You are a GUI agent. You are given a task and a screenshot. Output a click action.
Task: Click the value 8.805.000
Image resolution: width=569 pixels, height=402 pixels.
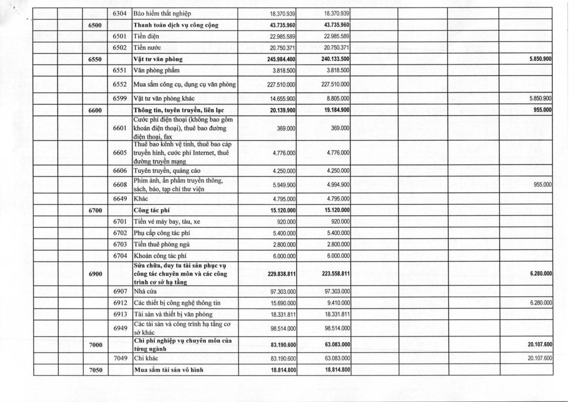click(337, 99)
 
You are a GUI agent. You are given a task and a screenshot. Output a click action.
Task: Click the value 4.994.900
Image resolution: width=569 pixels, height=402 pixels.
click(337, 185)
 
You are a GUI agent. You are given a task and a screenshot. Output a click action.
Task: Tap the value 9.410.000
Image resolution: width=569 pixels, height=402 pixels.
click(337, 303)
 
